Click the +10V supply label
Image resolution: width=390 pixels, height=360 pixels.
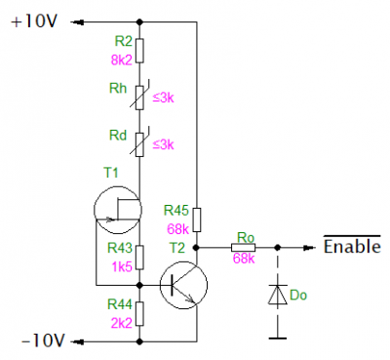(34, 21)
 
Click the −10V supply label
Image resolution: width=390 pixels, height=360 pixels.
(44, 340)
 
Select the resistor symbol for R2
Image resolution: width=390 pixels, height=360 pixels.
(139, 51)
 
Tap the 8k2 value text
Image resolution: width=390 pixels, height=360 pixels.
(122, 60)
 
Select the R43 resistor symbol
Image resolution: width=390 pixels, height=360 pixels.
(139, 258)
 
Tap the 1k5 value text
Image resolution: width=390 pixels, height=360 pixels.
(122, 267)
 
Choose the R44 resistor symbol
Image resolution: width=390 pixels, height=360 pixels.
(139, 314)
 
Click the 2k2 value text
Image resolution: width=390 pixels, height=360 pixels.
(122, 323)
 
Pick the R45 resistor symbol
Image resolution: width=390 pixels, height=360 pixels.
(197, 220)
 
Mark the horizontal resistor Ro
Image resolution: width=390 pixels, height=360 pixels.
(244, 248)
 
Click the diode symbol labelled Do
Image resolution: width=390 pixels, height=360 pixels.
(278, 295)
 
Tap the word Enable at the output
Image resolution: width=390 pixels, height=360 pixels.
(352, 246)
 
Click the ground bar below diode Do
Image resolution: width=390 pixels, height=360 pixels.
(278, 339)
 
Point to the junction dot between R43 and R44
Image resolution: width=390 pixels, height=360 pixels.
(139, 285)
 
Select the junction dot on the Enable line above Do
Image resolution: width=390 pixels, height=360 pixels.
(277, 248)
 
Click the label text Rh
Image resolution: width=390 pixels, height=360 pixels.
(118, 88)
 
